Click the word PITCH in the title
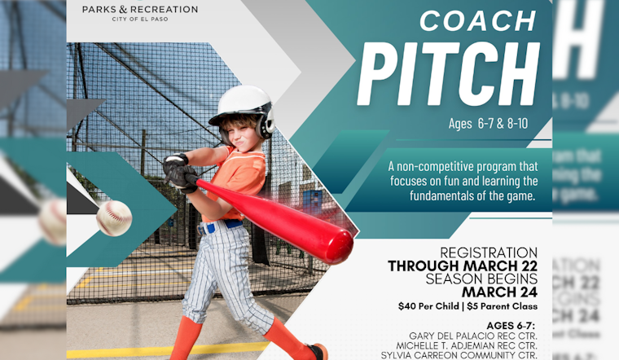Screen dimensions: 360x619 coord(449,74)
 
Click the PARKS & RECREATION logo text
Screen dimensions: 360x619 coord(139,9)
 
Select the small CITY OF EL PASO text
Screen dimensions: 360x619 coord(139,19)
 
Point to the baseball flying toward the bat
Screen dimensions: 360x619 coord(114,217)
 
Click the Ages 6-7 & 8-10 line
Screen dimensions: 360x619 coord(489,124)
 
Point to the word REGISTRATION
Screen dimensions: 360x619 coord(489,252)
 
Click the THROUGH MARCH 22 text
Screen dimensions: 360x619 coord(463,266)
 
